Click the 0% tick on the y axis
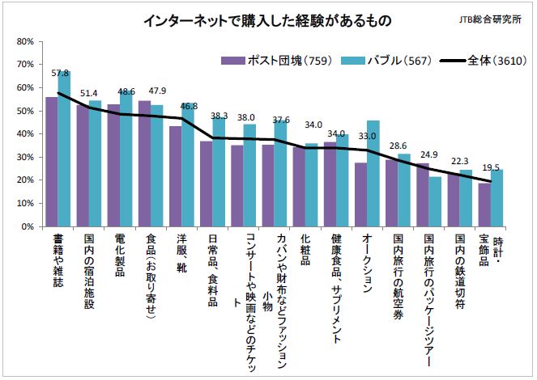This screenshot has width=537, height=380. coord(25,226)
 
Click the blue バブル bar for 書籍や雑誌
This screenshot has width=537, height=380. coord(64,154)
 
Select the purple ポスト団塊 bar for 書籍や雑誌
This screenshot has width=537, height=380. coord(52,162)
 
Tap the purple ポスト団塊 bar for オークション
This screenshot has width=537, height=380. coord(361,195)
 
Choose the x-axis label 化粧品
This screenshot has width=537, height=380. coord(305,251)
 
